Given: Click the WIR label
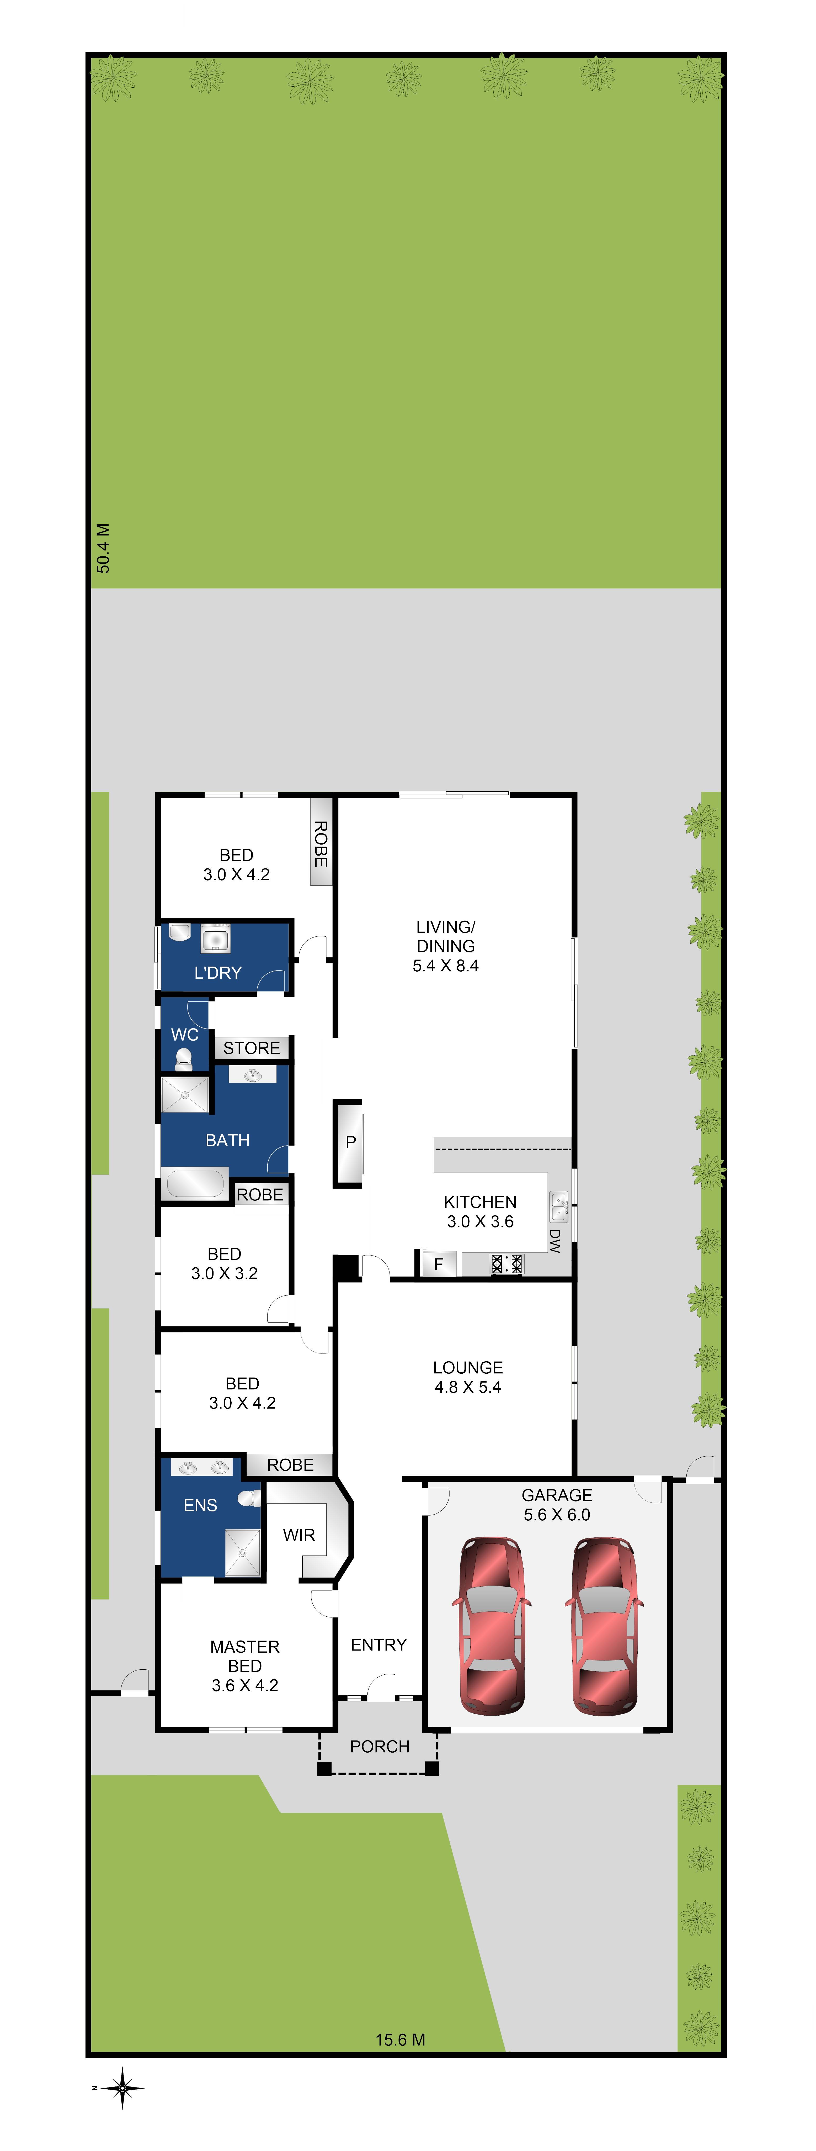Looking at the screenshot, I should click(x=299, y=1535).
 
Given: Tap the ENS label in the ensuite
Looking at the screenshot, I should click(x=200, y=1505).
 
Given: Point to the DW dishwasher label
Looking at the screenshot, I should click(x=555, y=1240).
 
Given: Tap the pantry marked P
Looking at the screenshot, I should click(x=350, y=1142).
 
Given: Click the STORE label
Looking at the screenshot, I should click(x=251, y=1048).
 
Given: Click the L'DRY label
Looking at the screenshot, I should click(x=218, y=973).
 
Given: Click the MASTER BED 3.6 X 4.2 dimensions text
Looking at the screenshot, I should click(x=244, y=1685).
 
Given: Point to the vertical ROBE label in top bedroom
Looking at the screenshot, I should click(x=320, y=843).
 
